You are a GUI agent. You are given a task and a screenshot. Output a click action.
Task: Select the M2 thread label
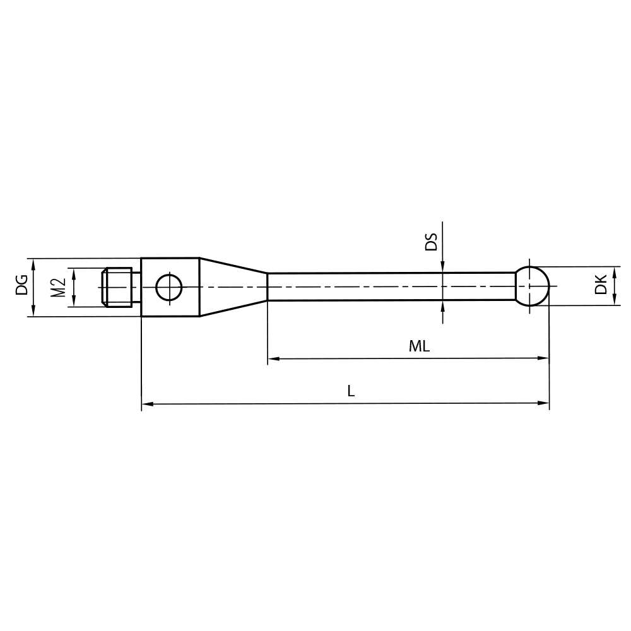point(58,287)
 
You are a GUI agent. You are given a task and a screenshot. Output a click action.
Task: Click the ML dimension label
point(419,346)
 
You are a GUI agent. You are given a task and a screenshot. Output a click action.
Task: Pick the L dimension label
point(351,391)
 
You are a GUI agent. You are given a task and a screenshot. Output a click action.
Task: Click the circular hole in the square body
point(169,287)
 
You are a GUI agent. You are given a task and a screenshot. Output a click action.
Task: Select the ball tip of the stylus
point(532,286)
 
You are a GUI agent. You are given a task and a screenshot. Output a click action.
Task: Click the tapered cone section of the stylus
point(232,286)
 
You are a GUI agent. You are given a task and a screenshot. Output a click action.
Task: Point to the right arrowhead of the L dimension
point(544,403)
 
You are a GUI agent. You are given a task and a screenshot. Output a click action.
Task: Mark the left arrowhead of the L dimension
point(147,403)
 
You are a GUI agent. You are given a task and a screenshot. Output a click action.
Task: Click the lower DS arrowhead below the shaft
point(443,305)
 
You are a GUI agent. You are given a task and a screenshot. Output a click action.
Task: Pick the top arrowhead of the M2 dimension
point(74,273)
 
